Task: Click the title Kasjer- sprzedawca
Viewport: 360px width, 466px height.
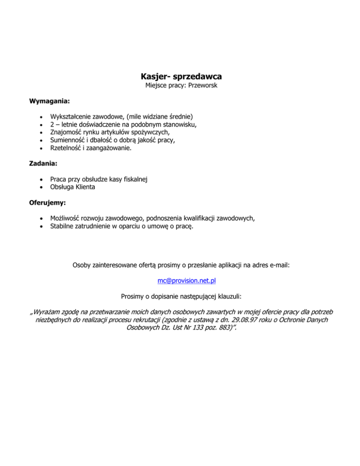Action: tap(180, 76)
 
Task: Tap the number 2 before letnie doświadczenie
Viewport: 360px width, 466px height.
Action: tap(52, 124)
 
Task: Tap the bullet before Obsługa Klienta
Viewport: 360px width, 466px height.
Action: tap(42, 187)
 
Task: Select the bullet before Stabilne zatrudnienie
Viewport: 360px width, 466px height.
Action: tap(42, 227)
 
